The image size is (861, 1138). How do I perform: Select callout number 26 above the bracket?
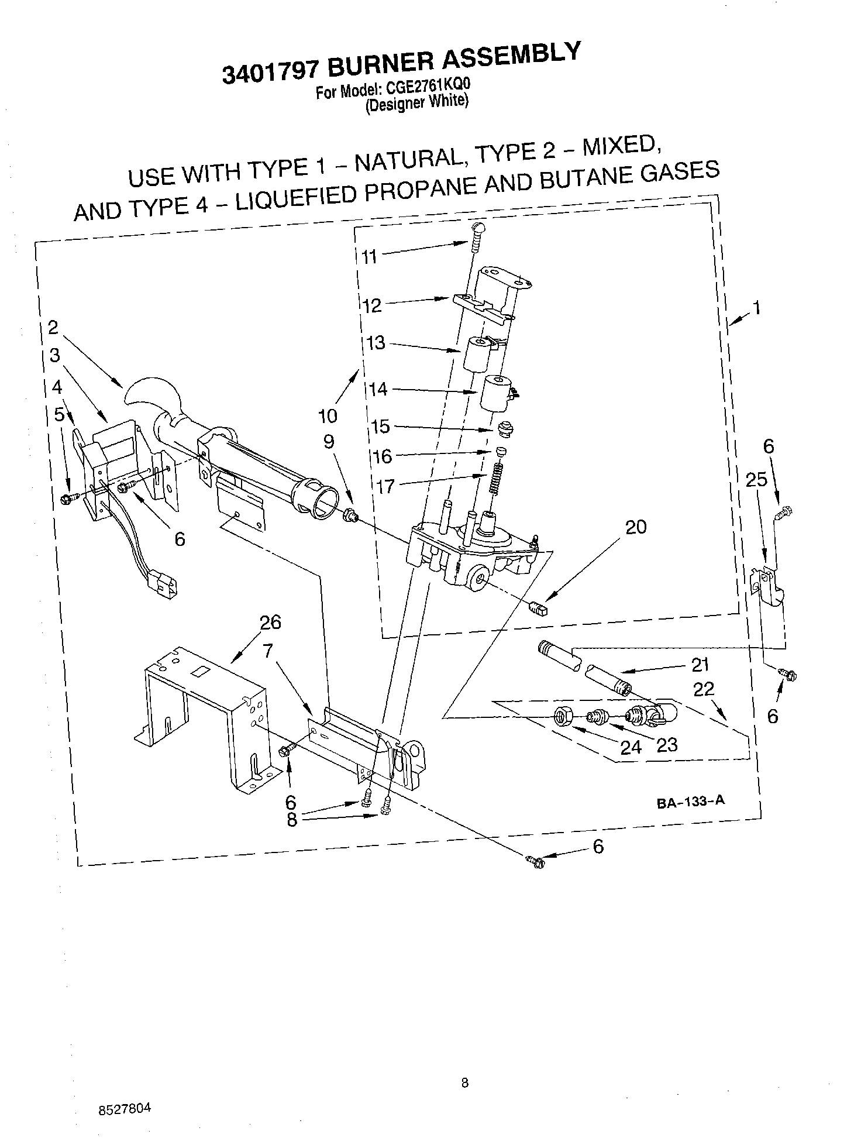point(271,622)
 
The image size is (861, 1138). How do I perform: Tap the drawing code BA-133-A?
point(690,802)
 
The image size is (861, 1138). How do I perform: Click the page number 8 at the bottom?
point(464,1083)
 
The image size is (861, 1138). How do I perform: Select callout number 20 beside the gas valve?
point(636,527)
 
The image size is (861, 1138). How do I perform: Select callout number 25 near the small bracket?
point(756,480)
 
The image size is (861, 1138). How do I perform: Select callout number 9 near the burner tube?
point(329,441)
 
